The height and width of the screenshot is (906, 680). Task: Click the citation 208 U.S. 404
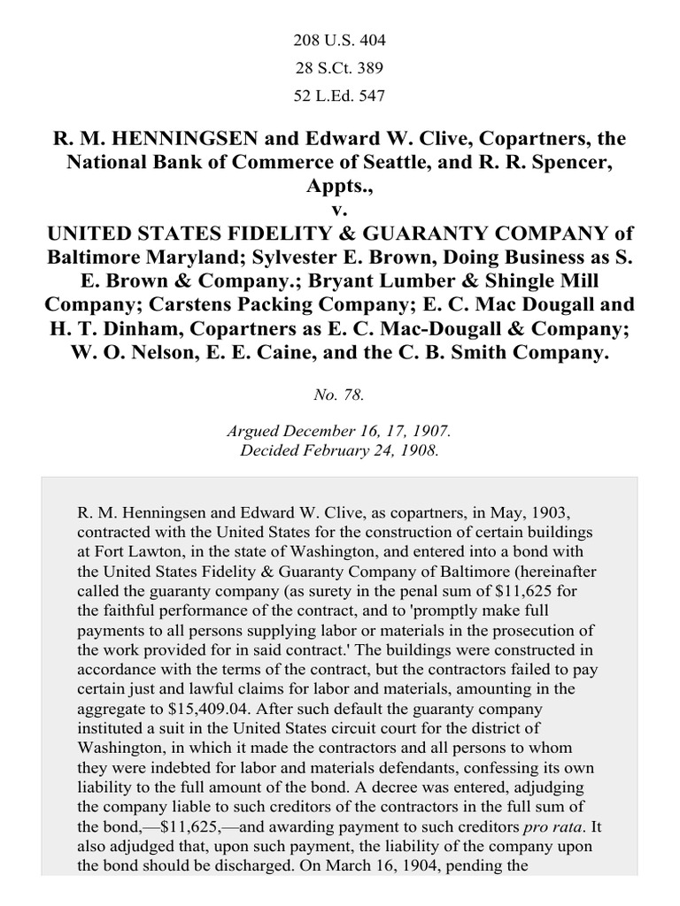point(340,41)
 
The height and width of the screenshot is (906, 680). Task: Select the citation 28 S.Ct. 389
point(340,69)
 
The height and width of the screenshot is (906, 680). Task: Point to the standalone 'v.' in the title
point(340,211)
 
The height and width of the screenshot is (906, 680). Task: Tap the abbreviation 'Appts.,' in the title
point(340,188)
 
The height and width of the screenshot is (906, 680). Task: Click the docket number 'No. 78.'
point(340,395)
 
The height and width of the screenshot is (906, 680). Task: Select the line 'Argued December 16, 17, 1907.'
point(340,433)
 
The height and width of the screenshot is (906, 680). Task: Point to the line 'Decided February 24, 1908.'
point(340,449)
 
